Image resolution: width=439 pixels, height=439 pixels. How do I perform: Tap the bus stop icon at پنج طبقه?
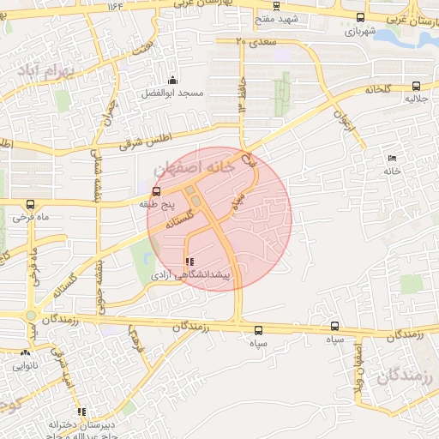(x=156, y=192)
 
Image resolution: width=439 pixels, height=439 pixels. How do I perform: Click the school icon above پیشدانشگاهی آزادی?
(x=189, y=262)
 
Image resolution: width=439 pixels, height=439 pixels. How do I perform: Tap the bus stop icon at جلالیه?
(x=416, y=86)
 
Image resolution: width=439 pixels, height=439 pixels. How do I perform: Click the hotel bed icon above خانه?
(x=392, y=159)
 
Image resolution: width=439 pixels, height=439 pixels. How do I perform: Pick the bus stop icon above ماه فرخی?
(x=31, y=204)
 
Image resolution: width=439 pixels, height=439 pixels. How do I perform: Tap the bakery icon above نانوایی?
(x=25, y=352)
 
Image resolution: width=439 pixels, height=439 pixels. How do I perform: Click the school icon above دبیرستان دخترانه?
(x=81, y=412)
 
